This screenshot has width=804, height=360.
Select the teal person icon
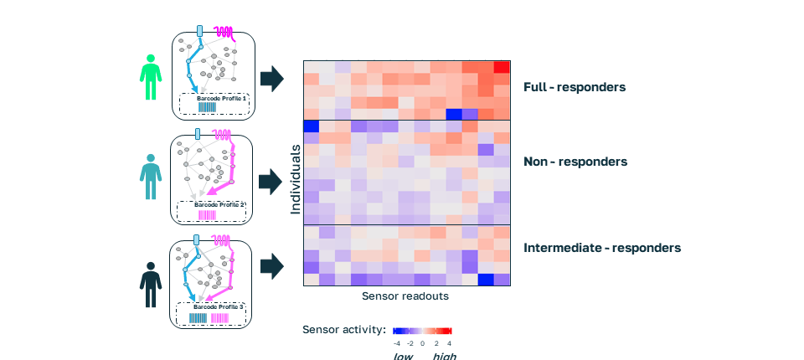(x=151, y=177)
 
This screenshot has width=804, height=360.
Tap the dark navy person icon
(x=151, y=285)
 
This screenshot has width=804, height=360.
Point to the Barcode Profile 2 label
(x=219, y=203)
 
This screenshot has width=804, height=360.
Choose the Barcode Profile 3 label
(x=219, y=307)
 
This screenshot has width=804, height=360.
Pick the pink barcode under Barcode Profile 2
(x=207, y=214)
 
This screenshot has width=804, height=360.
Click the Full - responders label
(x=575, y=86)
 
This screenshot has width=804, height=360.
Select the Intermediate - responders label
(x=602, y=248)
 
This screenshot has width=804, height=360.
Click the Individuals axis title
(x=296, y=180)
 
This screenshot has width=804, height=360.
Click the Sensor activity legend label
(x=343, y=329)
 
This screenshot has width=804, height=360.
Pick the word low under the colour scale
(x=404, y=356)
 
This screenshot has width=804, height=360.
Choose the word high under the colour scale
(x=445, y=356)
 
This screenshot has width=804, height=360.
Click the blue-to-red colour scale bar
(x=423, y=330)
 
